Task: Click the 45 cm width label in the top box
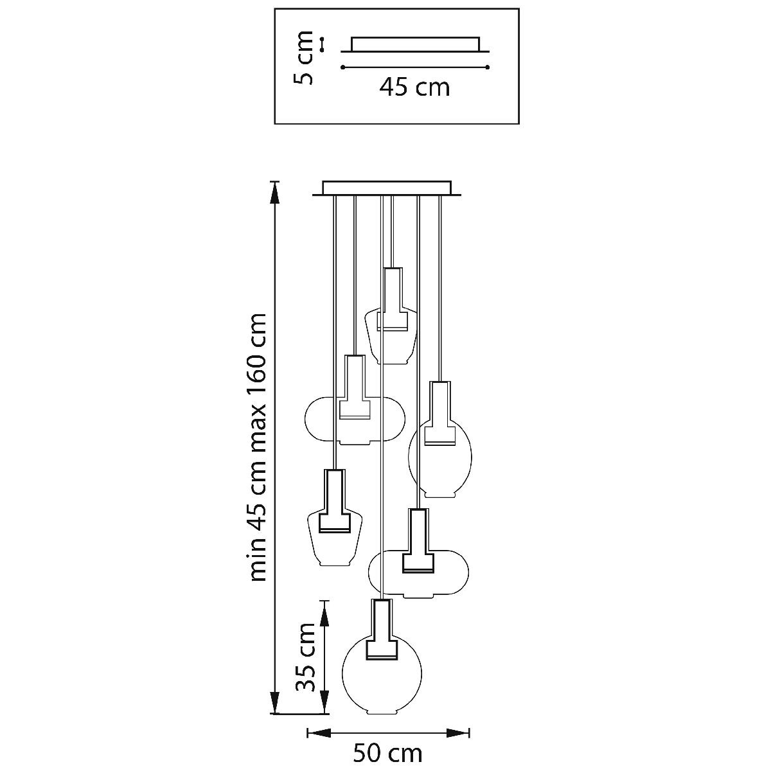click(414, 87)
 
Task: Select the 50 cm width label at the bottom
click(387, 754)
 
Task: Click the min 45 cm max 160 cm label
click(258, 447)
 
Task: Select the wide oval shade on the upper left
click(306, 419)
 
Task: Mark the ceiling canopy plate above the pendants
click(387, 188)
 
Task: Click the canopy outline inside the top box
click(415, 44)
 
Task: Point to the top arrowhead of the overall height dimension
click(274, 193)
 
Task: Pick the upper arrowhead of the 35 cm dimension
click(325, 614)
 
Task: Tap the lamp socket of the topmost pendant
click(392, 299)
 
